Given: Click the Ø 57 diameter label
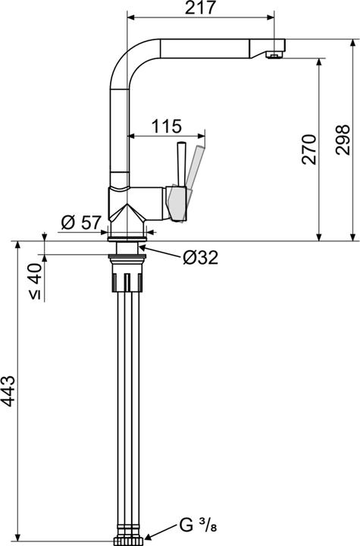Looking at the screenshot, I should [x=80, y=222].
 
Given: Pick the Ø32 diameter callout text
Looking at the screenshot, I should [x=200, y=258].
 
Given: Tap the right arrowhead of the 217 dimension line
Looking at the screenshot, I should [x=271, y=17].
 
